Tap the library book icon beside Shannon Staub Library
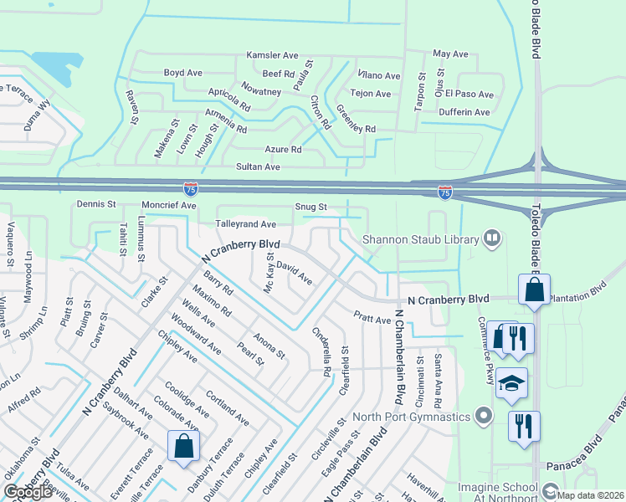pyautogui.click(x=492, y=239)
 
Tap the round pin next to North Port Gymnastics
pyautogui.click(x=483, y=416)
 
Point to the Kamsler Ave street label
pyautogui.click(x=272, y=55)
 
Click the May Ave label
pyautogui.click(x=450, y=54)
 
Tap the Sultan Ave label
pyautogui.click(x=258, y=167)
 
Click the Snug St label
pyautogui.click(x=310, y=207)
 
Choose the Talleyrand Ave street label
pyautogui.click(x=246, y=224)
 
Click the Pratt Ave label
pyautogui.click(x=372, y=320)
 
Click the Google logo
pyautogui.click(x=28, y=491)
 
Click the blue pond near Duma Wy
pyautogui.click(x=52, y=68)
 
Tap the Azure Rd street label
pyautogui.click(x=282, y=149)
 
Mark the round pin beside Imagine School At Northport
pyautogui.click(x=550, y=489)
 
